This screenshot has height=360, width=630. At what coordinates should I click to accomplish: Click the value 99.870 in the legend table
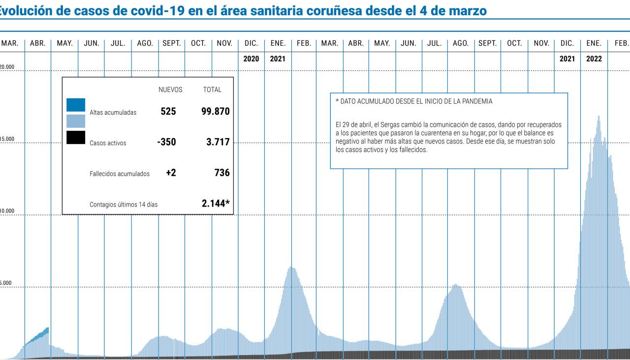click(215, 111)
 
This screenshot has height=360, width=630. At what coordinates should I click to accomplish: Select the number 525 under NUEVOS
click(168, 111)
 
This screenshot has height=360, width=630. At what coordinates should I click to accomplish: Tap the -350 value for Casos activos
click(166, 142)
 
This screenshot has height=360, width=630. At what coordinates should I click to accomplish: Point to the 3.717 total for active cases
click(218, 142)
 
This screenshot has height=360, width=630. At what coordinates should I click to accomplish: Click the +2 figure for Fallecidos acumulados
click(171, 173)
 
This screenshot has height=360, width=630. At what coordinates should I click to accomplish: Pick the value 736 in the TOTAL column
click(222, 173)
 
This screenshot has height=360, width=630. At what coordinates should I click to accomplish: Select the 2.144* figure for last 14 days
click(216, 203)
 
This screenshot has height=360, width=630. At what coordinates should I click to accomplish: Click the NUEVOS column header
click(170, 90)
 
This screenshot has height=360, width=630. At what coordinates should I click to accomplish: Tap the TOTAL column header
click(212, 90)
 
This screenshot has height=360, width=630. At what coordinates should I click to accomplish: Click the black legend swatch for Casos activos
click(76, 137)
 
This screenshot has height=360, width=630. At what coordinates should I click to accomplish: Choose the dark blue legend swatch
click(76, 105)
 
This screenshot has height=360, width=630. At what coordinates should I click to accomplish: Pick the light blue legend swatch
click(76, 120)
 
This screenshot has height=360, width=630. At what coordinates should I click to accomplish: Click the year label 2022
click(594, 59)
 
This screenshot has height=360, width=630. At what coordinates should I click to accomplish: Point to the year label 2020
click(251, 59)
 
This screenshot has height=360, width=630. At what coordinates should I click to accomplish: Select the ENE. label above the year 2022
click(594, 43)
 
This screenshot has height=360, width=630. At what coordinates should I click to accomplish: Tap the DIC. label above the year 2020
click(251, 43)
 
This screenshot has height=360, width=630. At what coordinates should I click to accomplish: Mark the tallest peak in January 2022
click(598, 117)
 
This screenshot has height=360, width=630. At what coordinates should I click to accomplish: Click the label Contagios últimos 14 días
click(124, 205)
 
